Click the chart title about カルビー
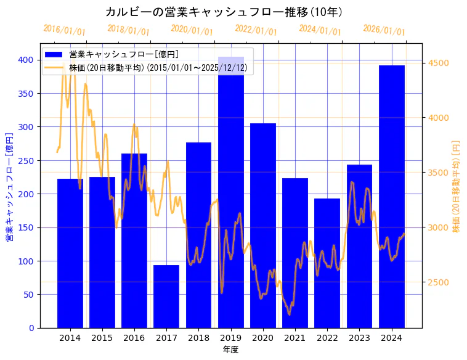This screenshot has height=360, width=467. (224, 12)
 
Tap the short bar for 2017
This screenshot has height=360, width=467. (166, 297)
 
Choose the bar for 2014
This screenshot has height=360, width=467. (70, 253)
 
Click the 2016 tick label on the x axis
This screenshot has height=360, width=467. (134, 338)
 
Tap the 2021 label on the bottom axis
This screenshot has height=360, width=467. (295, 338)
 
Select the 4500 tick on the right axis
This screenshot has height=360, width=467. (438, 63)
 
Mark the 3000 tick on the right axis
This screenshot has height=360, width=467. (438, 227)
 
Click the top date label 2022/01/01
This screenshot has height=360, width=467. (256, 31)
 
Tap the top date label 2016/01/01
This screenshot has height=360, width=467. (64, 31)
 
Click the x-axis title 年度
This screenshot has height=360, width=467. (231, 350)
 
